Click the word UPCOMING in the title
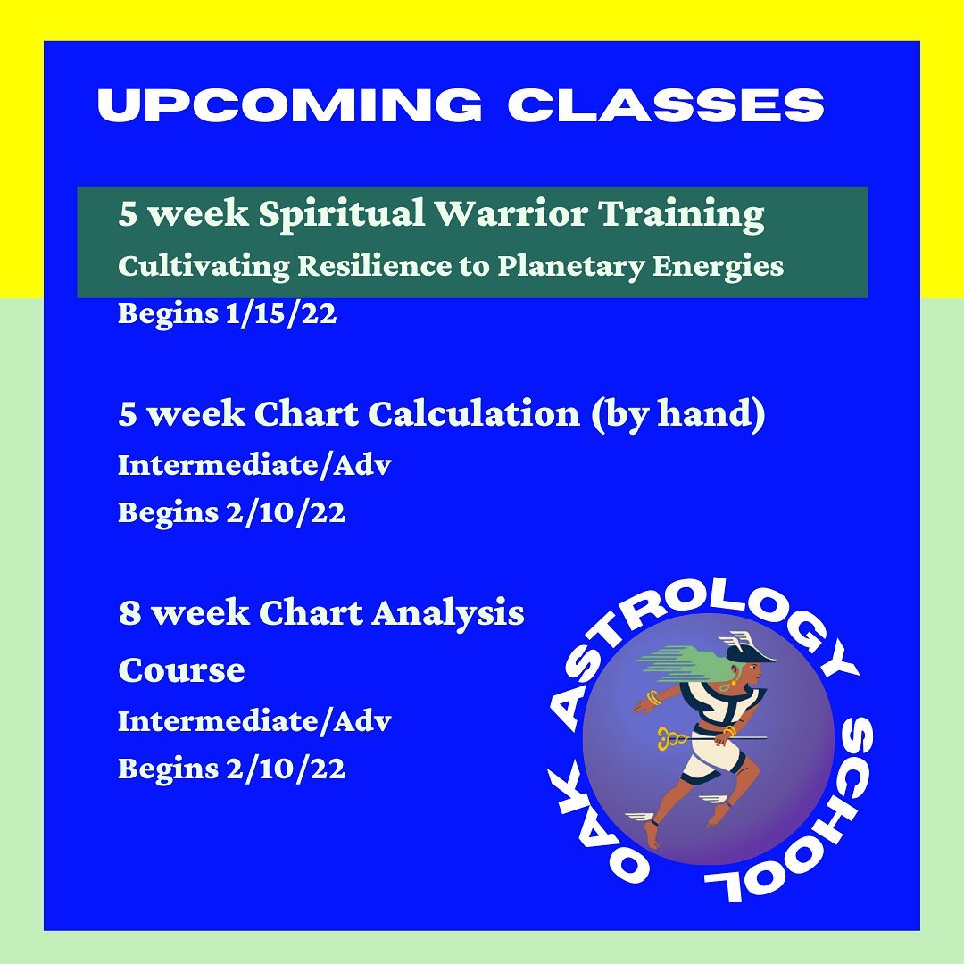pyautogui.click(x=289, y=104)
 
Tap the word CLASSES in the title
pyautogui.click(x=666, y=104)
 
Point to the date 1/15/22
pyautogui.click(x=281, y=313)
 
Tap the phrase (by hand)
pyautogui.click(x=678, y=414)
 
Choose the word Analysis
pyautogui.click(x=447, y=613)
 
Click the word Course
pyautogui.click(x=181, y=669)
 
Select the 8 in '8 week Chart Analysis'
pyautogui.click(x=129, y=613)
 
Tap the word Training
pyautogui.click(x=682, y=214)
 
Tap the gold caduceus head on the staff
pyautogui.click(x=670, y=738)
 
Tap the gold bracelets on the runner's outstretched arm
pyautogui.click(x=652, y=698)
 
